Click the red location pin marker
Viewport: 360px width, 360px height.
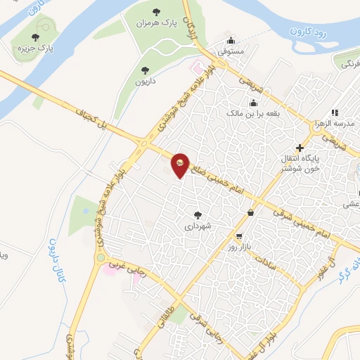181,165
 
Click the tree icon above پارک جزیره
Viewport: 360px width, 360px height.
37,37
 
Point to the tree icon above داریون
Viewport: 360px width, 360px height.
146,70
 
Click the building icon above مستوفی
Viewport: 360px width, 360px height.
232,40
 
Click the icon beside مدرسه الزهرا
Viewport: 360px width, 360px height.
335,112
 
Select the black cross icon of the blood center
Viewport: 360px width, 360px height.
300,148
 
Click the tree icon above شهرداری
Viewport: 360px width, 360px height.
198,216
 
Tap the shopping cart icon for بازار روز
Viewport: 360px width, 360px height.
240,237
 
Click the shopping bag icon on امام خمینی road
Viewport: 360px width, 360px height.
251,212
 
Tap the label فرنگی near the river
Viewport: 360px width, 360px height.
349,64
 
